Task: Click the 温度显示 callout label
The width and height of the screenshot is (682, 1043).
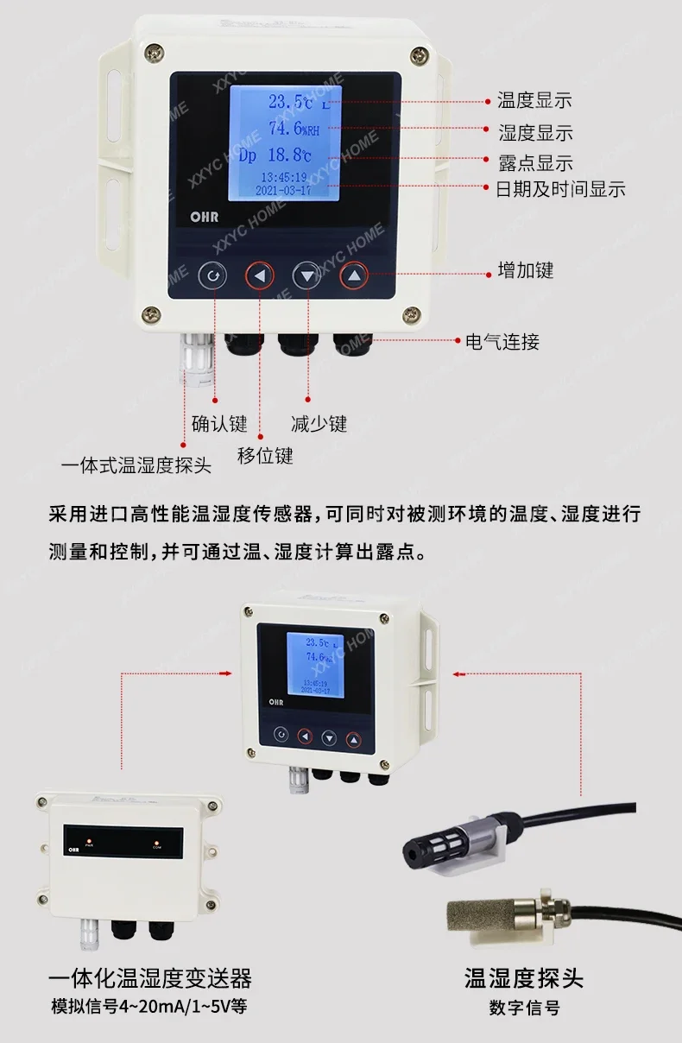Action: pos(534,100)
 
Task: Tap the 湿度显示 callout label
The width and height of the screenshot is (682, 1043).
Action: pos(535,133)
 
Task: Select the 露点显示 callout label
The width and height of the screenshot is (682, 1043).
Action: pos(535,163)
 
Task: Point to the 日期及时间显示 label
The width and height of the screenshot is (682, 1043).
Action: pos(560,189)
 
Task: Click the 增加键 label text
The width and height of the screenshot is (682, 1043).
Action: pos(526,270)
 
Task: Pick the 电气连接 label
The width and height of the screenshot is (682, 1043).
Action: pos(502,342)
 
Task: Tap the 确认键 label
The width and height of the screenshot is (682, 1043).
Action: pos(219,424)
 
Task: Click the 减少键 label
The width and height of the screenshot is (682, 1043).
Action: pos(319,424)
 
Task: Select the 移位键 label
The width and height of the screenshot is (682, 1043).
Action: pos(265,455)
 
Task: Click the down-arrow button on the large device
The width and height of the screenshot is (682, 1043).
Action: pos(306,276)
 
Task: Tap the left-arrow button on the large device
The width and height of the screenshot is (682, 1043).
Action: pos(259,276)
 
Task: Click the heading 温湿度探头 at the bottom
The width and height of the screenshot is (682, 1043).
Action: pos(524,978)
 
